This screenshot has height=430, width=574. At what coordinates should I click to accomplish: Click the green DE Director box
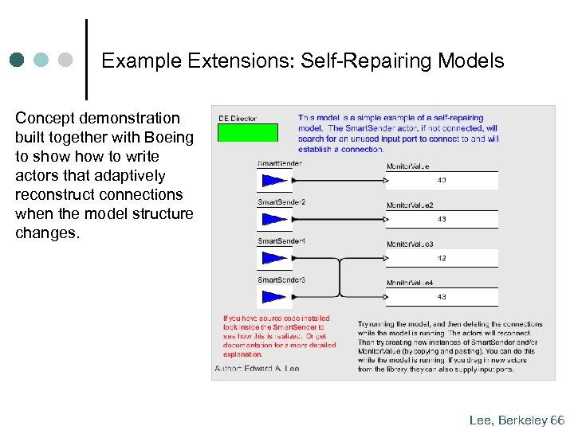[248, 132]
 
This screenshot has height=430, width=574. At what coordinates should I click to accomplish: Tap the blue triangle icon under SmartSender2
[273, 219]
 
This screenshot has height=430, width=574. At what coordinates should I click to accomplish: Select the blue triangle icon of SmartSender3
[273, 296]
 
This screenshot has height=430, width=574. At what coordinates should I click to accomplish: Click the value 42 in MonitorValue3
[441, 258]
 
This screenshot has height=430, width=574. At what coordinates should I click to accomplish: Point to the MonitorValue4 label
[410, 283]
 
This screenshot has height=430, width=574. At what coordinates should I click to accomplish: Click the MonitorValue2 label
[410, 205]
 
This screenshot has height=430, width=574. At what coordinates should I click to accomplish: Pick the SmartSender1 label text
[281, 240]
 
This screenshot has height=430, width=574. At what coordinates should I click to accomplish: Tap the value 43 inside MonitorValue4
[441, 297]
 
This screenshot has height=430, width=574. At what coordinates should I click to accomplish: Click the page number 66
[556, 420]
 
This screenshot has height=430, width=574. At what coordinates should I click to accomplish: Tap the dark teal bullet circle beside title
[18, 60]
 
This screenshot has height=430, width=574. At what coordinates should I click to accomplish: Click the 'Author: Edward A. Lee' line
[256, 369]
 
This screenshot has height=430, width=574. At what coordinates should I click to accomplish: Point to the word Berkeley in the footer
[522, 420]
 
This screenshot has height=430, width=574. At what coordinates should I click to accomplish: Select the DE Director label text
[238, 119]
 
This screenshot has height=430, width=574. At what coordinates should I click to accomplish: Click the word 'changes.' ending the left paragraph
[48, 233]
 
